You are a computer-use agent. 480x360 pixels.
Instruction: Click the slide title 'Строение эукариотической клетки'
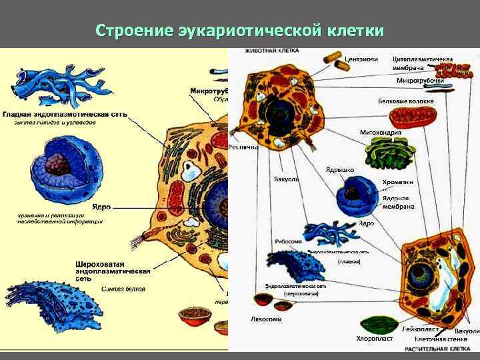[239, 31]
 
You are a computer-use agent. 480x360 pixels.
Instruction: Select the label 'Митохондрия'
[380, 132]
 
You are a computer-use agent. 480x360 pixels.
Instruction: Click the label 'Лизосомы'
[266, 319]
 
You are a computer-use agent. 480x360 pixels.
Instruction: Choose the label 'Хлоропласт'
[375, 339]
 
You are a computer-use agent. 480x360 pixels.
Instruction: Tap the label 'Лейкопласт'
[421, 329]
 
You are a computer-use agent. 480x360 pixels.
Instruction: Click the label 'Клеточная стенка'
[441, 339]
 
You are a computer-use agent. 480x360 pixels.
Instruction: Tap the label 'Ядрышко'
[339, 170]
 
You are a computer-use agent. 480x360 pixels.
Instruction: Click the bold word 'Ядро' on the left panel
[101, 207]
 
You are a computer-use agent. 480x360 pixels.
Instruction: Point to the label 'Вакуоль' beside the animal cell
[287, 179]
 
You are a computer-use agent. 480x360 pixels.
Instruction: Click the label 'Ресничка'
[243, 147]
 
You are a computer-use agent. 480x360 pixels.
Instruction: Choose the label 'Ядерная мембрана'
[399, 202]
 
